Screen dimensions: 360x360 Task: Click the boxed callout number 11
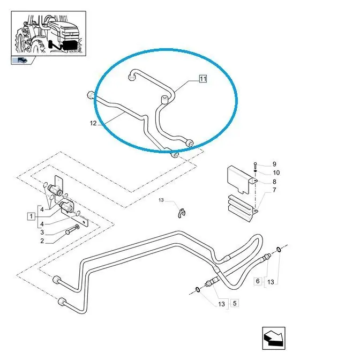click(x=202, y=79)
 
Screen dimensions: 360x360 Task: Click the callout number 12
click(x=93, y=123)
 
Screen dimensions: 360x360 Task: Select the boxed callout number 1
click(x=31, y=216)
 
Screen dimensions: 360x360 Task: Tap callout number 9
click(x=274, y=164)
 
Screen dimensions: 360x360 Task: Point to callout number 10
click(x=276, y=172)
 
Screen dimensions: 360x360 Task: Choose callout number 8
click(x=274, y=182)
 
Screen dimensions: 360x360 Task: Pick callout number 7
click(x=274, y=190)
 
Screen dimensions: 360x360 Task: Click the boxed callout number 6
click(x=258, y=281)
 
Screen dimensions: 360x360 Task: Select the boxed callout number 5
click(x=235, y=303)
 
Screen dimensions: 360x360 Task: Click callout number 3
click(x=42, y=232)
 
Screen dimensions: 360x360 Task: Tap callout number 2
click(x=42, y=241)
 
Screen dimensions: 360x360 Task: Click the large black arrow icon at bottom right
click(x=274, y=338)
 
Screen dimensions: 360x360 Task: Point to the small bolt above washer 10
click(x=255, y=165)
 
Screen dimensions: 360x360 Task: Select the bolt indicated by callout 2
click(x=72, y=230)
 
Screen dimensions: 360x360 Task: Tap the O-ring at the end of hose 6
click(x=279, y=249)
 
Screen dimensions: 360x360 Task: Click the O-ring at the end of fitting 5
click(x=198, y=290)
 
